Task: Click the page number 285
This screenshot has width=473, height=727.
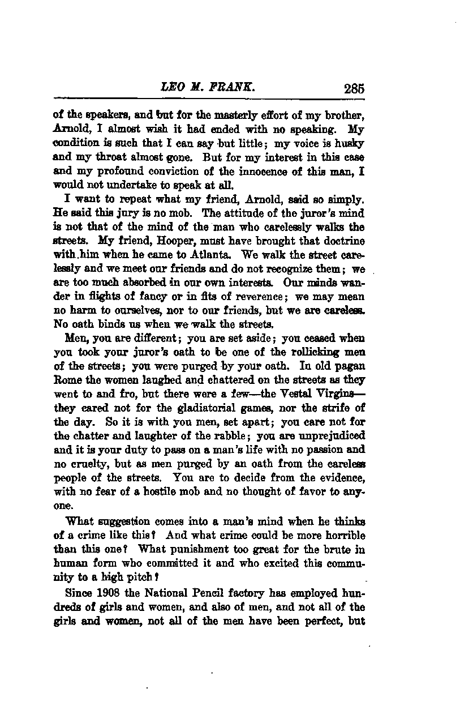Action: click(x=353, y=89)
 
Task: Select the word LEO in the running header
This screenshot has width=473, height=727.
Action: click(x=171, y=88)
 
